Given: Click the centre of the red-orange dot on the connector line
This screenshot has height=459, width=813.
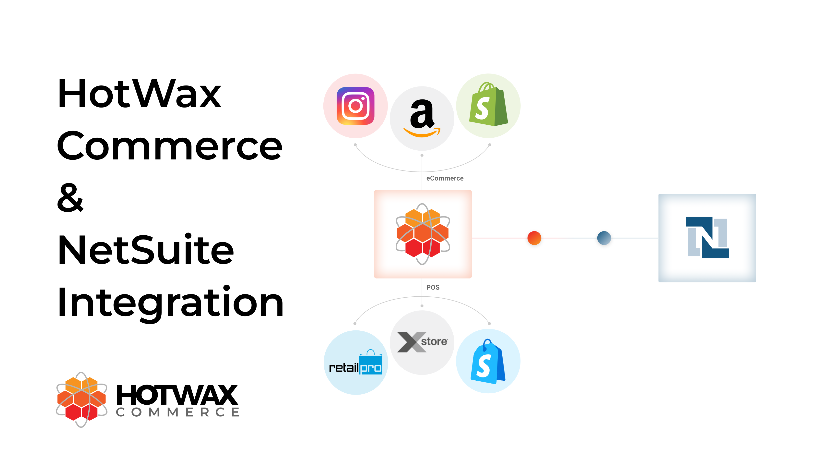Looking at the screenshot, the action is [x=534, y=238].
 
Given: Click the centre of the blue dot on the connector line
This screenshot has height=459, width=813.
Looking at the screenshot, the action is [x=604, y=238].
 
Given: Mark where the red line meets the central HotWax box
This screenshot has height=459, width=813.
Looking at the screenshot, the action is [x=472, y=238].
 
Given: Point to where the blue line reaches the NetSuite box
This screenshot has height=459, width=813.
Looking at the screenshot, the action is [x=658, y=238].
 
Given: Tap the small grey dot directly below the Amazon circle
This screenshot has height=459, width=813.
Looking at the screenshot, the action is [x=422, y=155].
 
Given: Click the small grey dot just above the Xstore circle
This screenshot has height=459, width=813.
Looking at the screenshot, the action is [x=422, y=306].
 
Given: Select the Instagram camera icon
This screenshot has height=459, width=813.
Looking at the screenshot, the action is [x=355, y=106].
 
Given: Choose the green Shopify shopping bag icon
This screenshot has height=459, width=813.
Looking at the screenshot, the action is [x=489, y=104].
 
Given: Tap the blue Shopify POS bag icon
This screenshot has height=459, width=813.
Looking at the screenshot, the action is [x=488, y=362].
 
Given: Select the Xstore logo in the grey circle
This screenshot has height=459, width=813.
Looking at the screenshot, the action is [x=422, y=342].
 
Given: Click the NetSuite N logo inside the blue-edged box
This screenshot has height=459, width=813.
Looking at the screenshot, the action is [x=707, y=237].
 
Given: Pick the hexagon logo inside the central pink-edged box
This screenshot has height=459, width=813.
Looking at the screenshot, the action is [x=423, y=234].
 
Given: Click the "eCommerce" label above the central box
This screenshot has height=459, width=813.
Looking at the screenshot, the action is [x=445, y=178].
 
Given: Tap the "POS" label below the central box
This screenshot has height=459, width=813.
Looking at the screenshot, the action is [x=433, y=287].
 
